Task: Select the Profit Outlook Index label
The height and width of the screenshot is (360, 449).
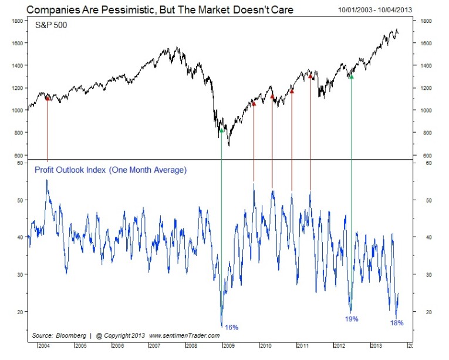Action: point(110,170)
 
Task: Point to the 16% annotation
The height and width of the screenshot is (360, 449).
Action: point(231,327)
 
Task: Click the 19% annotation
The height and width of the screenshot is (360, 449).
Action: point(351,319)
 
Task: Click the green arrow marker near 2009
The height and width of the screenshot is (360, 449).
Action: point(221,130)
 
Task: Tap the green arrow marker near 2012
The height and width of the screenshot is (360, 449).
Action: point(351,76)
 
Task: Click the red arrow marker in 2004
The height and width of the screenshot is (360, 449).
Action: point(48,99)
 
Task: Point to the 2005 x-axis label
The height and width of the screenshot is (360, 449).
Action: point(81,346)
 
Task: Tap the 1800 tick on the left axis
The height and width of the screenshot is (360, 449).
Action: point(17,21)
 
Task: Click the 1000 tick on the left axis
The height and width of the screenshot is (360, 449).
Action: point(17,110)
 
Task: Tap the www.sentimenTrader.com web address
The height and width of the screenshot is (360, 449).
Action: point(184,335)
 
